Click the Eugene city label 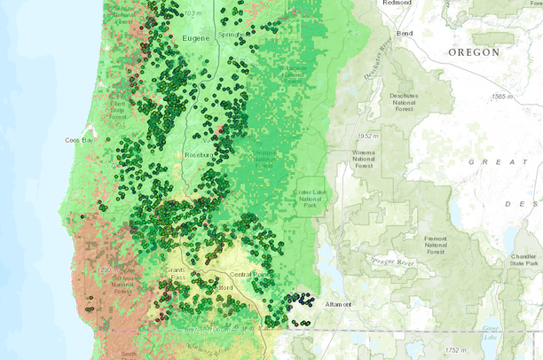[x=196, y=39]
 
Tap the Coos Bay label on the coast [x=79, y=140]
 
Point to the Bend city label [x=405, y=33]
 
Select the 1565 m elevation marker [x=508, y=96]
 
